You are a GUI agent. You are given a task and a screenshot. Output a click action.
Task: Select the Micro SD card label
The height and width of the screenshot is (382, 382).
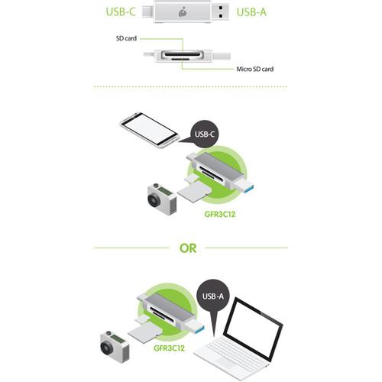[254, 69]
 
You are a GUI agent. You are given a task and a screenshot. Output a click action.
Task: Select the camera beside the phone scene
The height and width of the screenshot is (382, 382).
[160, 199]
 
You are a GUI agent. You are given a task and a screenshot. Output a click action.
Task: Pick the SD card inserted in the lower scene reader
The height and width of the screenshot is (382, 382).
[142, 332]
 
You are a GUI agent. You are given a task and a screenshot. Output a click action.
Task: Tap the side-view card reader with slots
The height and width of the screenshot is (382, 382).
[183, 56]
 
